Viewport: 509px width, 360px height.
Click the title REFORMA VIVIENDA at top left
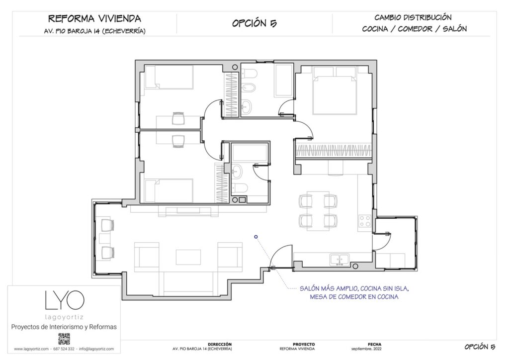94,19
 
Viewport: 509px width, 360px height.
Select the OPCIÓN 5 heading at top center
254,23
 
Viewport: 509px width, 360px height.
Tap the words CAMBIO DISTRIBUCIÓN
414,17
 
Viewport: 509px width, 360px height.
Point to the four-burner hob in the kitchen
365,221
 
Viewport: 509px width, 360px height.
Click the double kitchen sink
340,259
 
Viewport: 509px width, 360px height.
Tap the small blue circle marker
255,237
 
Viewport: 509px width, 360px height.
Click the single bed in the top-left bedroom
168,78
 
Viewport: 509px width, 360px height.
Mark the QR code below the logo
64,340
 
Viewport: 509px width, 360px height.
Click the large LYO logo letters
64,299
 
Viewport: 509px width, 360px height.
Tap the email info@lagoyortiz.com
96,349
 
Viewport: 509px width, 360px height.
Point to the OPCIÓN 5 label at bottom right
480,347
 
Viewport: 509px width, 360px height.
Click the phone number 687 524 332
64,349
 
